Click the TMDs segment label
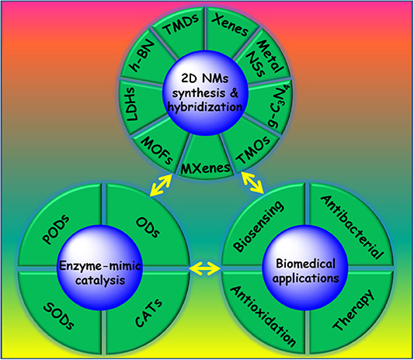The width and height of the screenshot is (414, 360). pyautogui.click(x=181, y=24)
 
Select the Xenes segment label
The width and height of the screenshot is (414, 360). pyautogui.click(x=230, y=25)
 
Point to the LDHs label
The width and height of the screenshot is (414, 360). pyautogui.click(x=132, y=104)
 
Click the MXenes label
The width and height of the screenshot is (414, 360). pyautogui.click(x=205, y=168)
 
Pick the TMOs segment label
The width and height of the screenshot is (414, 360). pyautogui.click(x=253, y=149)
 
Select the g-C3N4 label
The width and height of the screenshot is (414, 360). pyautogui.click(x=279, y=106)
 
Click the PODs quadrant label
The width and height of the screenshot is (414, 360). pyautogui.click(x=56, y=230)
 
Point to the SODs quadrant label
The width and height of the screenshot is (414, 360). pyautogui.click(x=58, y=316)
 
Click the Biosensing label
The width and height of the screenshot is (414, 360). pyautogui.click(x=258, y=226)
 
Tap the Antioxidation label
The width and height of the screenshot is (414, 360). pyautogui.click(x=263, y=316)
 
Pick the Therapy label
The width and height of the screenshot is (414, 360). pyautogui.click(x=353, y=310)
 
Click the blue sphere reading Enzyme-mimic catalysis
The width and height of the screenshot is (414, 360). pyautogui.click(x=100, y=268)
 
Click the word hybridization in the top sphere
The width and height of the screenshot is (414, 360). pyautogui.click(x=205, y=107)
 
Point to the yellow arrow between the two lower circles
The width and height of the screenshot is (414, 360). pyautogui.click(x=205, y=269)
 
